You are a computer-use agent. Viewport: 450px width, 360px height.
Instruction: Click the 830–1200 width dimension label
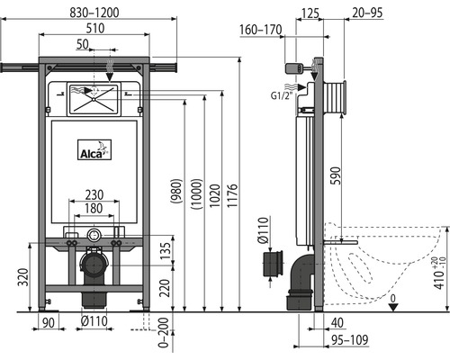94,13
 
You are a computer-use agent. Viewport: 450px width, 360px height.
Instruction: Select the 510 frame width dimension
95,28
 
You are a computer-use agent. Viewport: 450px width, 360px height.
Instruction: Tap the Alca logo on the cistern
94,149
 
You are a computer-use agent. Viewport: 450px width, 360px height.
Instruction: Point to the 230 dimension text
94,194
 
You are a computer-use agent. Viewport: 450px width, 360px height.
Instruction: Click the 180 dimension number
94,208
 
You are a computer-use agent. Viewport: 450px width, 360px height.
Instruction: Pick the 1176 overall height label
232,195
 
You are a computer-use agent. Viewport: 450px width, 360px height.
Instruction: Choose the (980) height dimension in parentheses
176,191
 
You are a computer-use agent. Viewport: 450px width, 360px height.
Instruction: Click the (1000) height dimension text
197,193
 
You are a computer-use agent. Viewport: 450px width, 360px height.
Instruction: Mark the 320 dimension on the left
23,276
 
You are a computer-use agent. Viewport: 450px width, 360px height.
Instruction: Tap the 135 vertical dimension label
165,251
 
